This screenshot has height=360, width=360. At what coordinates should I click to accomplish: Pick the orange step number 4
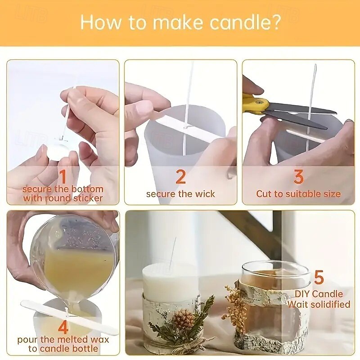click(63, 327)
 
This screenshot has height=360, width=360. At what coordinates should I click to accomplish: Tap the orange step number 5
click(319, 277)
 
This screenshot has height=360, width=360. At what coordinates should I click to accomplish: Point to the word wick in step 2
click(205, 194)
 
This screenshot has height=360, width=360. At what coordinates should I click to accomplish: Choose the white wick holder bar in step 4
click(69, 317)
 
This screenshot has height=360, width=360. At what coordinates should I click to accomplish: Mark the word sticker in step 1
click(88, 198)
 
